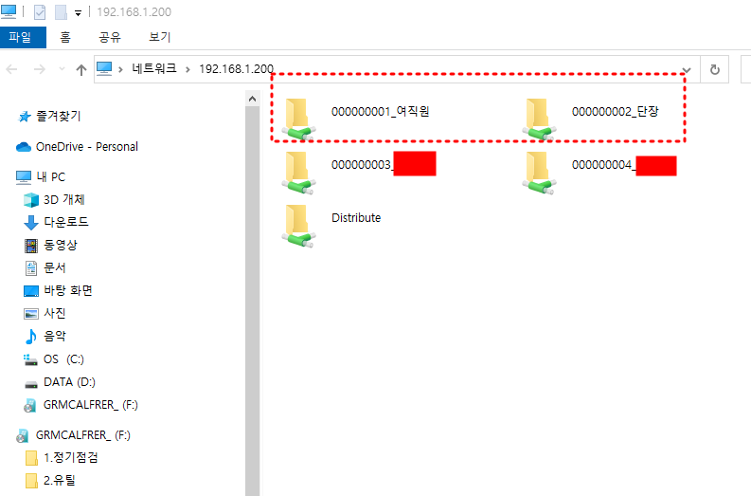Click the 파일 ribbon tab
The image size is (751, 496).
pos(20,38)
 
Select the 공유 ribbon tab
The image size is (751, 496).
pos(110,38)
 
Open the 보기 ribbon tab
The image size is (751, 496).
pos(159,38)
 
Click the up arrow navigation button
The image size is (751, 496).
pos(81,69)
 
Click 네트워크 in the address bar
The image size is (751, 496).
pos(157,69)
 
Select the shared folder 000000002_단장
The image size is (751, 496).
pos(615,112)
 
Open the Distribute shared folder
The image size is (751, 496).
pos(355,218)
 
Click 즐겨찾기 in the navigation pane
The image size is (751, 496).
pos(58,116)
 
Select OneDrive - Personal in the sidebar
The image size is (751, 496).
pos(86,147)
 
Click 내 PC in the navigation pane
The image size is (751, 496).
pos(50,177)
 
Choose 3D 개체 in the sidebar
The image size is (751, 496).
pos(63,200)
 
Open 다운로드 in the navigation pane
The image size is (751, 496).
pos(65,223)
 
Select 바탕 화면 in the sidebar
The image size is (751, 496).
pos(67,290)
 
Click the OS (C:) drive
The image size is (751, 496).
pos(63,359)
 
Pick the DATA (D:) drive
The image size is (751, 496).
pos(67,382)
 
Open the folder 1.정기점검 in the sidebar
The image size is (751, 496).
pos(70,457)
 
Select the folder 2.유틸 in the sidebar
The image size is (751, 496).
pos(59,480)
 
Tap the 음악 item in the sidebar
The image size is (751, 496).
pos(55,336)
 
